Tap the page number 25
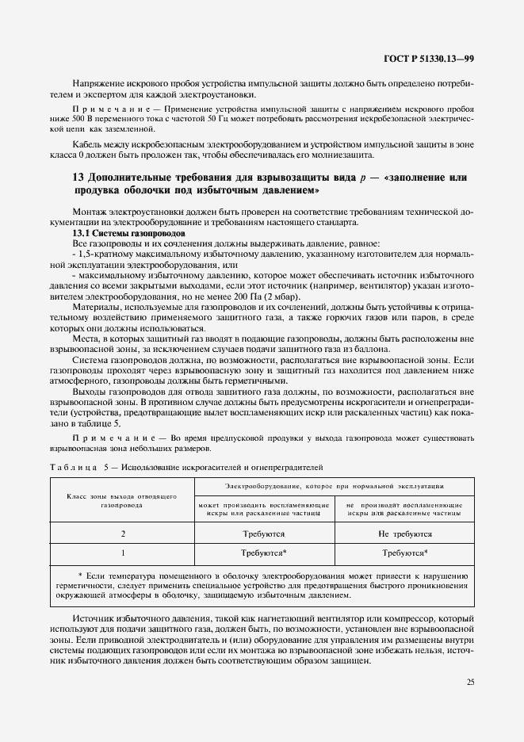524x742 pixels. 471,681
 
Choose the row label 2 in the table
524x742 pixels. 122,534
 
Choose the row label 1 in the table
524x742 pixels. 122,553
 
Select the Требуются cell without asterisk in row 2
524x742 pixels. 263,534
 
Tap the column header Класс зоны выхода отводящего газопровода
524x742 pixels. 122,499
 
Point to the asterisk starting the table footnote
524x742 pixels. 81,574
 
